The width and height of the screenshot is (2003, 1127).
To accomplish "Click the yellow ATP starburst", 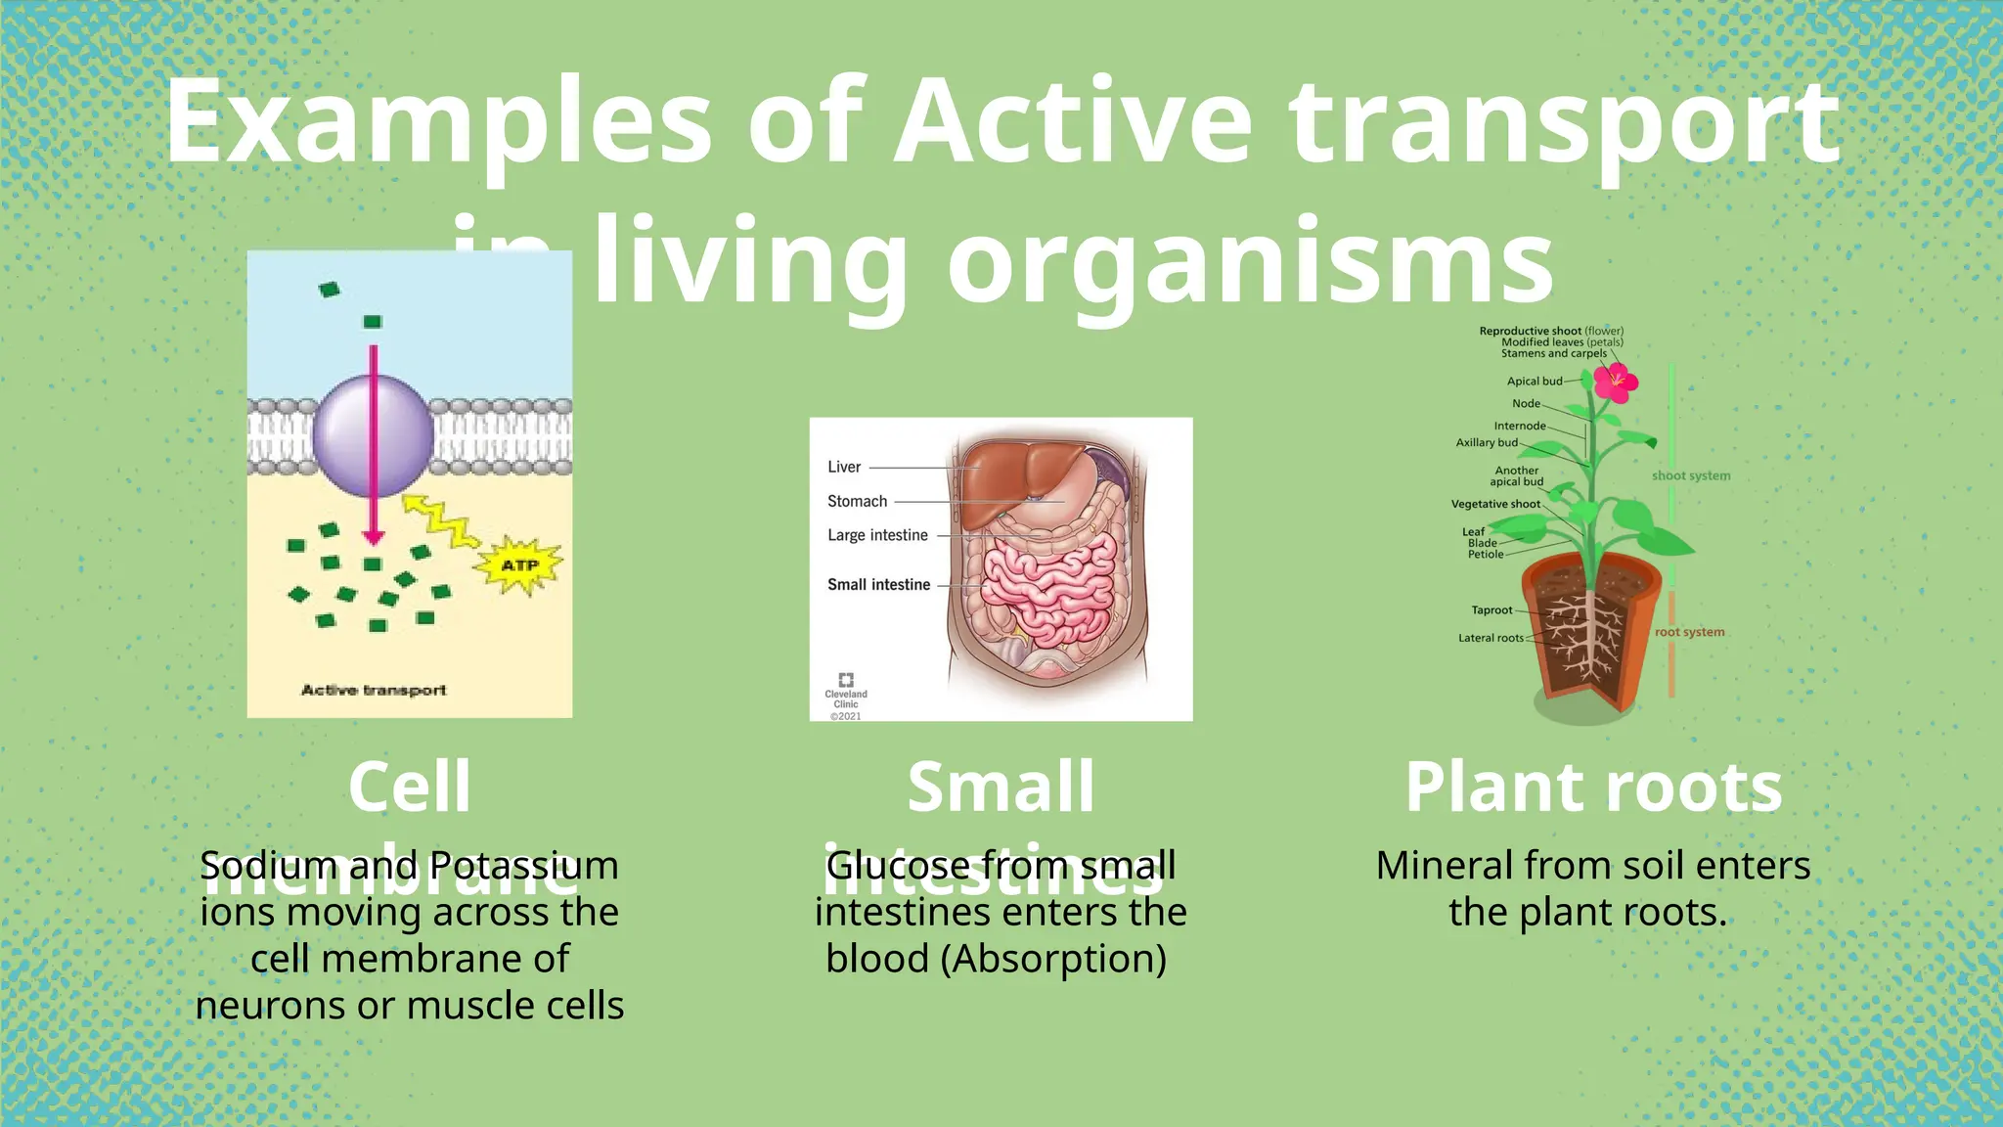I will tap(519, 565).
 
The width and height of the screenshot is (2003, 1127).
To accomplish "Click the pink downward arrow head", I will tap(373, 537).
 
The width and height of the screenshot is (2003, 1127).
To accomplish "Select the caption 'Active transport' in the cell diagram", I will tap(374, 691).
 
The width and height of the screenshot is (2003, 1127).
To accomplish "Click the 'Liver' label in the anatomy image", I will tap(844, 468).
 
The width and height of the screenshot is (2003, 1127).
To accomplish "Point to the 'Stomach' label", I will tap(857, 501).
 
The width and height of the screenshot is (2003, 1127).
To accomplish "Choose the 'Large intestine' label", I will tap(877, 535).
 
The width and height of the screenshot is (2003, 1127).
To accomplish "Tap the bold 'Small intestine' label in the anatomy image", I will tap(878, 585).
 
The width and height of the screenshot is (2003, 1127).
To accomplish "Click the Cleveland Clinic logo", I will tap(846, 681).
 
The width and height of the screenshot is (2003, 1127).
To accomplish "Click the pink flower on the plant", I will tap(1615, 382).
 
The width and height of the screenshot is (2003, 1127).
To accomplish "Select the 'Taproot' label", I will tap(1491, 610).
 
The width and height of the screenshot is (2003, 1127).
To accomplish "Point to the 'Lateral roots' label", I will tap(1491, 638).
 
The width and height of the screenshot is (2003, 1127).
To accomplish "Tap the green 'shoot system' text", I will tap(1691, 476).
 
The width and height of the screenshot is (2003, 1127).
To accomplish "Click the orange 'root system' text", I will tap(1689, 632).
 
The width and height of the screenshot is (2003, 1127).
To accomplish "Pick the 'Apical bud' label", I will tap(1534, 382).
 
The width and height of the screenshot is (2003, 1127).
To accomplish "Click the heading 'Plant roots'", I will tap(1593, 788).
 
